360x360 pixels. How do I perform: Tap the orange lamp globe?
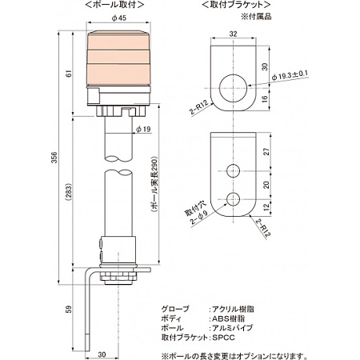(x=120, y=60)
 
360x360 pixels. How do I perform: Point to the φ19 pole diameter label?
(x=143, y=129)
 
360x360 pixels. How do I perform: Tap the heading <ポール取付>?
(x=119, y=6)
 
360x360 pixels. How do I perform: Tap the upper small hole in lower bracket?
(x=234, y=170)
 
